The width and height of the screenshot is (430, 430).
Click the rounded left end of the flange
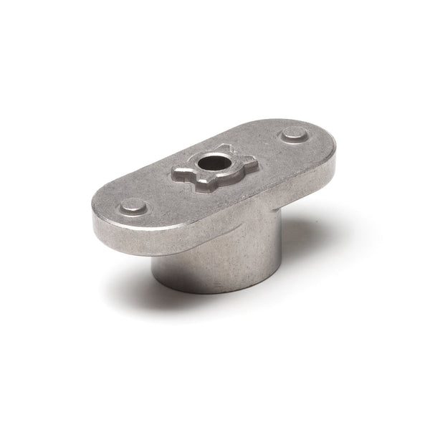(100, 215)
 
